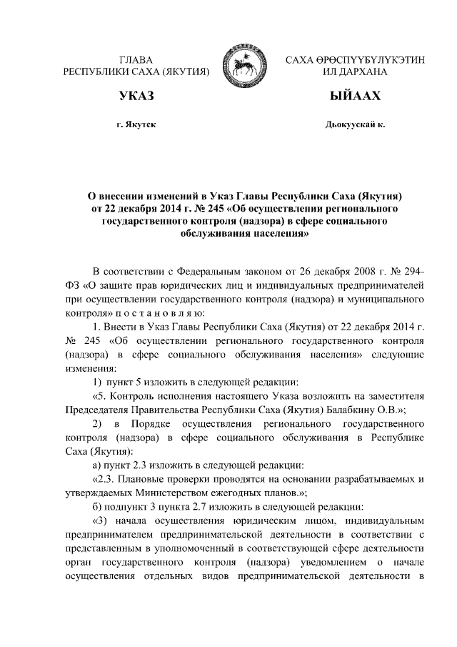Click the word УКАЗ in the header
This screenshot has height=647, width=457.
click(x=136, y=96)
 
